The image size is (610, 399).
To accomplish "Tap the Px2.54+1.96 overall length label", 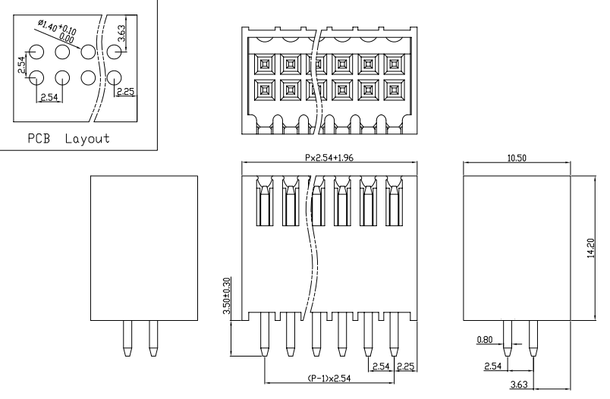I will pos(329,159).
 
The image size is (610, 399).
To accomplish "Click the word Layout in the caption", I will pos(86,139).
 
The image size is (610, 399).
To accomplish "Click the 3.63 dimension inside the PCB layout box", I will pos(122,35).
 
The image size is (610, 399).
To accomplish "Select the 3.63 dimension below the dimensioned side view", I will pos(520,385).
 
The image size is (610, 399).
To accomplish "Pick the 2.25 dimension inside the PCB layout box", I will pos(124,92).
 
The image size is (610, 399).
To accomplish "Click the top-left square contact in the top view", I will pos(265,63).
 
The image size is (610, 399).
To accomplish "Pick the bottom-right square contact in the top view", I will pos(394,91).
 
